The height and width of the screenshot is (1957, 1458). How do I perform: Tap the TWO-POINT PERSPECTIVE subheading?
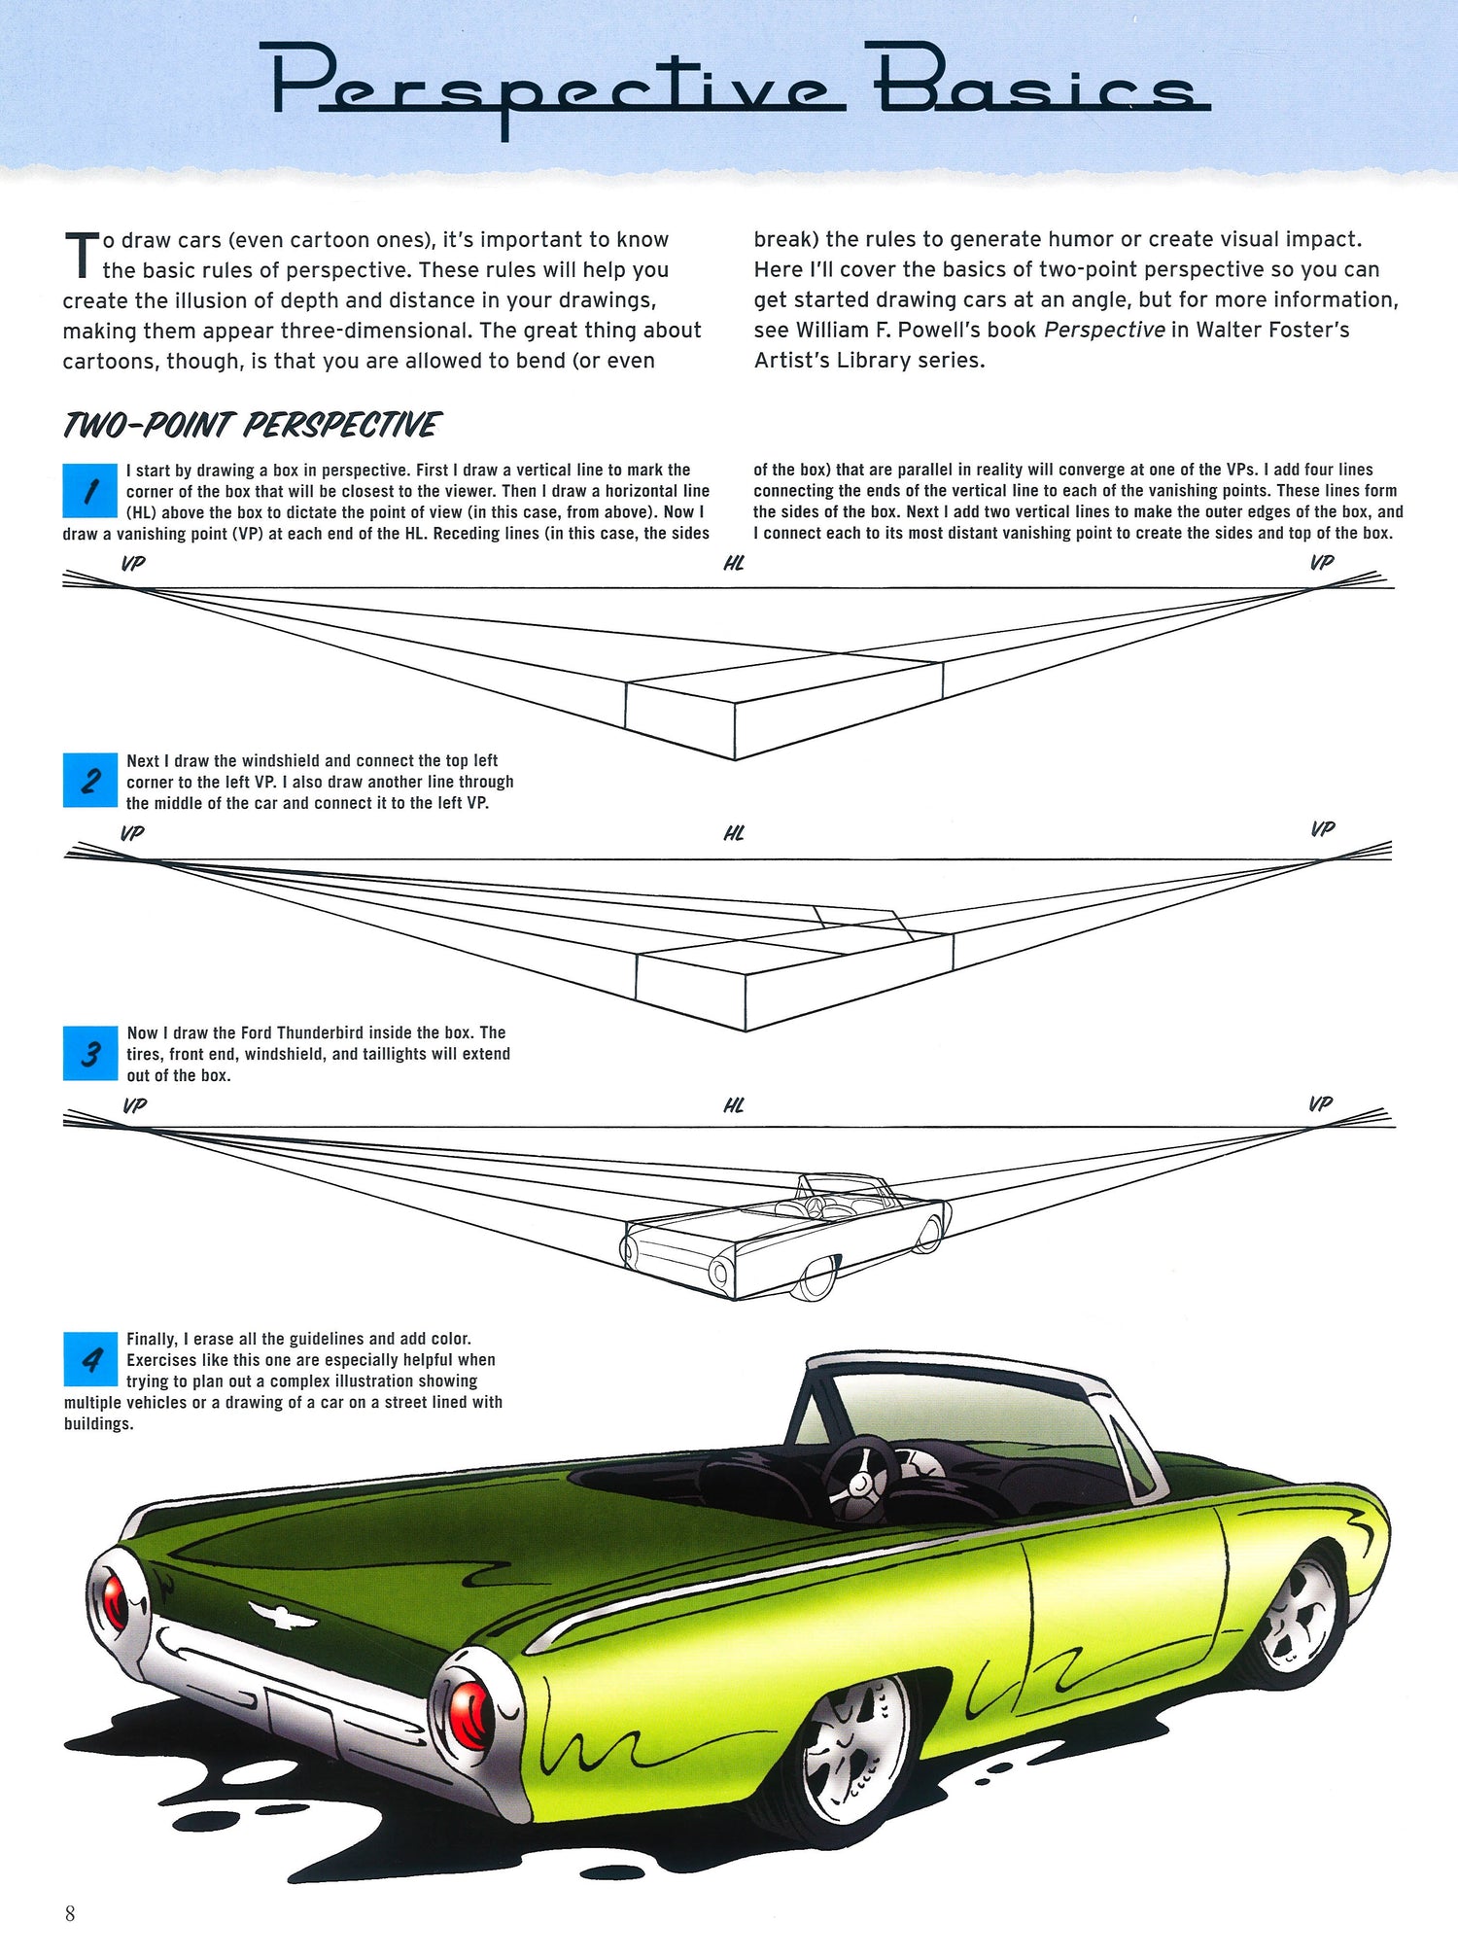252,425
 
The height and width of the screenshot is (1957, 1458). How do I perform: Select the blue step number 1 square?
90,491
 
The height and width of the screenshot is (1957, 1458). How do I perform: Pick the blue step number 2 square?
90,780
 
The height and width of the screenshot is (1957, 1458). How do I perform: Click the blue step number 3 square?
90,1053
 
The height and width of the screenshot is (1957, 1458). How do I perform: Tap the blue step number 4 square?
90,1358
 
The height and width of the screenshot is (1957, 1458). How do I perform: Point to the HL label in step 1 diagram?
734,563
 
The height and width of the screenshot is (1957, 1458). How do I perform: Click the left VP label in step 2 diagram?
132,833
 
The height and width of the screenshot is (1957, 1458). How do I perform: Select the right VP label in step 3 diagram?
1321,1103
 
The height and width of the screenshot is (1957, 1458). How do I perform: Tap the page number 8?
70,1913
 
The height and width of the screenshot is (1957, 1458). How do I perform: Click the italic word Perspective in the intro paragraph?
1104,330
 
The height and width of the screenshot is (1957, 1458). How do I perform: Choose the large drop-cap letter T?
82,255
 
